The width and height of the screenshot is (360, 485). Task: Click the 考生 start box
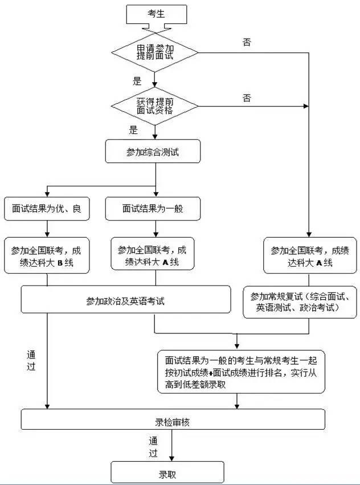click(x=156, y=14)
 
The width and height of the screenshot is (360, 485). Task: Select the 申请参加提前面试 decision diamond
click(x=155, y=52)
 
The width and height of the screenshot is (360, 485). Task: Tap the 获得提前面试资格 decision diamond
click(x=155, y=105)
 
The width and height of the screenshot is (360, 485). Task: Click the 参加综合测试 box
click(x=153, y=152)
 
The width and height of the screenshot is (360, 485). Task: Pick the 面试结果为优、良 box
click(x=47, y=209)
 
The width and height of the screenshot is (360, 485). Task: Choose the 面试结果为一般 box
click(x=153, y=209)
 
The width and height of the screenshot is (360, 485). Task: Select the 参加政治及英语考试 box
click(x=126, y=300)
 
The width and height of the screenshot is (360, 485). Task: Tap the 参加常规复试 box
click(x=303, y=302)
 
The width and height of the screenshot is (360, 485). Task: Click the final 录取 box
click(x=167, y=472)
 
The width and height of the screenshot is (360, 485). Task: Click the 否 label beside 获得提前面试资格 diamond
click(x=247, y=99)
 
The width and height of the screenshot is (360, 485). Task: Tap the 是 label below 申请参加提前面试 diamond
click(x=137, y=81)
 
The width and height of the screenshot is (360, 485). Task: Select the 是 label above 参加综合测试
click(x=133, y=130)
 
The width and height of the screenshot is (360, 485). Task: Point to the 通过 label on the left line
click(x=31, y=360)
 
